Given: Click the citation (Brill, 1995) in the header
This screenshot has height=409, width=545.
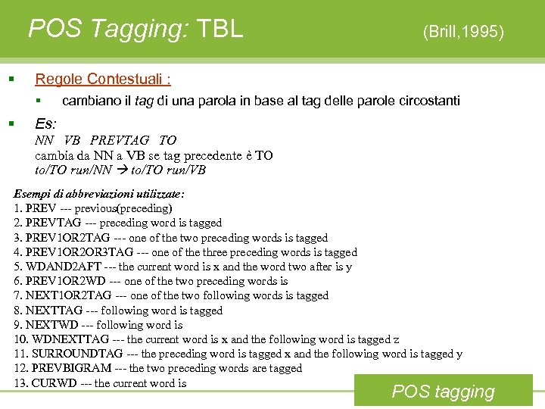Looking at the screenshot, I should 463,31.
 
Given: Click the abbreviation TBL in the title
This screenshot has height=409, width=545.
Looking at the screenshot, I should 220,29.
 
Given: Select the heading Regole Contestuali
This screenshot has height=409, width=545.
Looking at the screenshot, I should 103,79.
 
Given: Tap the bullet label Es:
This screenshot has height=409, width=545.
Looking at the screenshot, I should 47,123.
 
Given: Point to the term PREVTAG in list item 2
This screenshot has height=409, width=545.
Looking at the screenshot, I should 53,223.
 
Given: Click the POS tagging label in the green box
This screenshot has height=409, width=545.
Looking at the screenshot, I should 444,392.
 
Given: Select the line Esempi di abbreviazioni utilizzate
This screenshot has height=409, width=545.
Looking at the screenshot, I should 99,194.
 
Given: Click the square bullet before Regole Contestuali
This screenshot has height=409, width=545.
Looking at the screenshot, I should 11,80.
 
